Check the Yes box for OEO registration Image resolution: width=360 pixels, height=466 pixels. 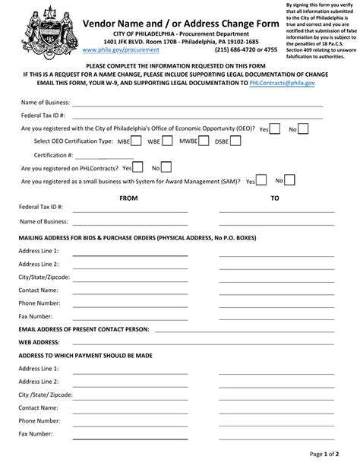(276, 128)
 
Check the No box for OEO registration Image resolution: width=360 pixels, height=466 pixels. (302, 128)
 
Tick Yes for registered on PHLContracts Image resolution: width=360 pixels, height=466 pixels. (140, 167)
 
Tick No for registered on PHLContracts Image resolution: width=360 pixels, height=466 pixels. (166, 167)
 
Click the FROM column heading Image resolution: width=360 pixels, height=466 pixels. (129, 197)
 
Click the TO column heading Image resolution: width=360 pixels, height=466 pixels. (275, 197)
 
